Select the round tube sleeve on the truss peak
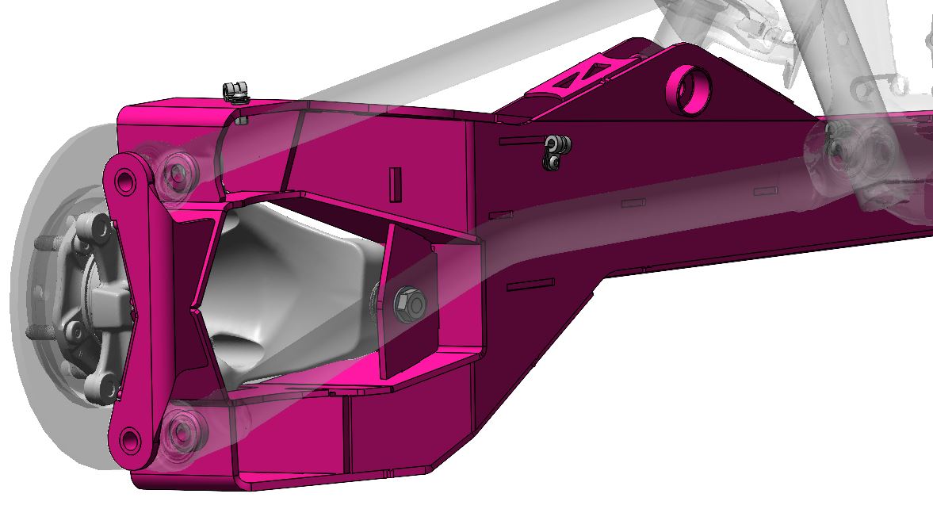tap(686, 88)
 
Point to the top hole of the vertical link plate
tap(124, 182)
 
